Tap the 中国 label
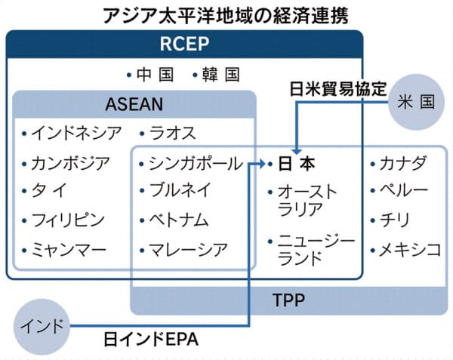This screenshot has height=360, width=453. [154, 75]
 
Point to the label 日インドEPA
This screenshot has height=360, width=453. [151, 340]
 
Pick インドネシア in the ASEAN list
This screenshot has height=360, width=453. [75, 134]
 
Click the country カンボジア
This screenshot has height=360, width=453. [70, 162]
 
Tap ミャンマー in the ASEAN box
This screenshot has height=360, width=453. [69, 248]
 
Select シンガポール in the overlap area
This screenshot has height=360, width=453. [195, 163]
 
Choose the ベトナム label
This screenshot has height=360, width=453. [183, 220]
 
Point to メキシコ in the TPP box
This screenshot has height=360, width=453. [410, 248]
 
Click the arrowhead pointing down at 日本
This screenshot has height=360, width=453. [295, 149]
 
